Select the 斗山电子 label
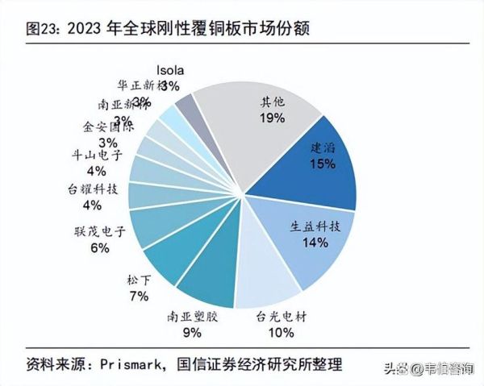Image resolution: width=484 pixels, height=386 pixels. point(96,156)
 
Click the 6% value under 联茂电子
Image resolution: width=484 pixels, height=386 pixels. point(99,249)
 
